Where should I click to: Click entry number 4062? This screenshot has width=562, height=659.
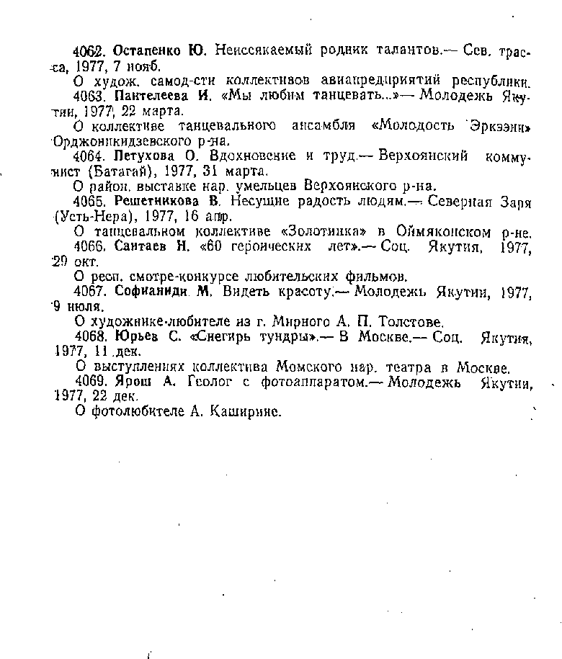click(91, 50)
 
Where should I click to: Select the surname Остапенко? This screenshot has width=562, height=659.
click(146, 50)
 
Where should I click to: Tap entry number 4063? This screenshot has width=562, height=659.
click(91, 95)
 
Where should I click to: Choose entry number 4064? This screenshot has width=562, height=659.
click(91, 156)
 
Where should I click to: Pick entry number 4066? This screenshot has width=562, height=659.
click(91, 247)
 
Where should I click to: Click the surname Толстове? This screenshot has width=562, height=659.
click(411, 323)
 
